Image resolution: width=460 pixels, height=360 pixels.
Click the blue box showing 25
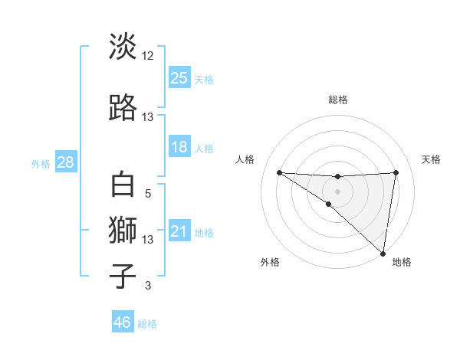(x=179, y=78)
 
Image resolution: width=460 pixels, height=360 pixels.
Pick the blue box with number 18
(x=179, y=147)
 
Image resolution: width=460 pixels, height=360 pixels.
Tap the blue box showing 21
(x=179, y=232)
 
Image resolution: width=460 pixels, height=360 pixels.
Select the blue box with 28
(x=65, y=162)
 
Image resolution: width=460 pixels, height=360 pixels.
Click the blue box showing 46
(x=123, y=322)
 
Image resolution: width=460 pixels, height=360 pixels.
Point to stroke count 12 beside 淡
(x=148, y=56)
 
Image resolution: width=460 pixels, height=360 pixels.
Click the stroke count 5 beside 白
(x=148, y=194)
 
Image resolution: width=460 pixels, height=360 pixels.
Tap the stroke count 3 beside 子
(x=148, y=286)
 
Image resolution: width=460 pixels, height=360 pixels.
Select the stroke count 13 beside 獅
(x=148, y=239)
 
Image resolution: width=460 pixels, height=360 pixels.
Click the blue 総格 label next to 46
(x=147, y=324)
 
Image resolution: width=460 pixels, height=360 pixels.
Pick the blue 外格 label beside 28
(x=40, y=164)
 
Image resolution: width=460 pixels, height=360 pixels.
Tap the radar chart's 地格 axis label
(x=402, y=262)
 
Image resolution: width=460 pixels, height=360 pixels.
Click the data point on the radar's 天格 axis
(x=396, y=172)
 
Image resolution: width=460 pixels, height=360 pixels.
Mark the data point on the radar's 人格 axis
(x=279, y=172)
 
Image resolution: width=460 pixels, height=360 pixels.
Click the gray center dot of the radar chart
(x=337, y=190)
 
